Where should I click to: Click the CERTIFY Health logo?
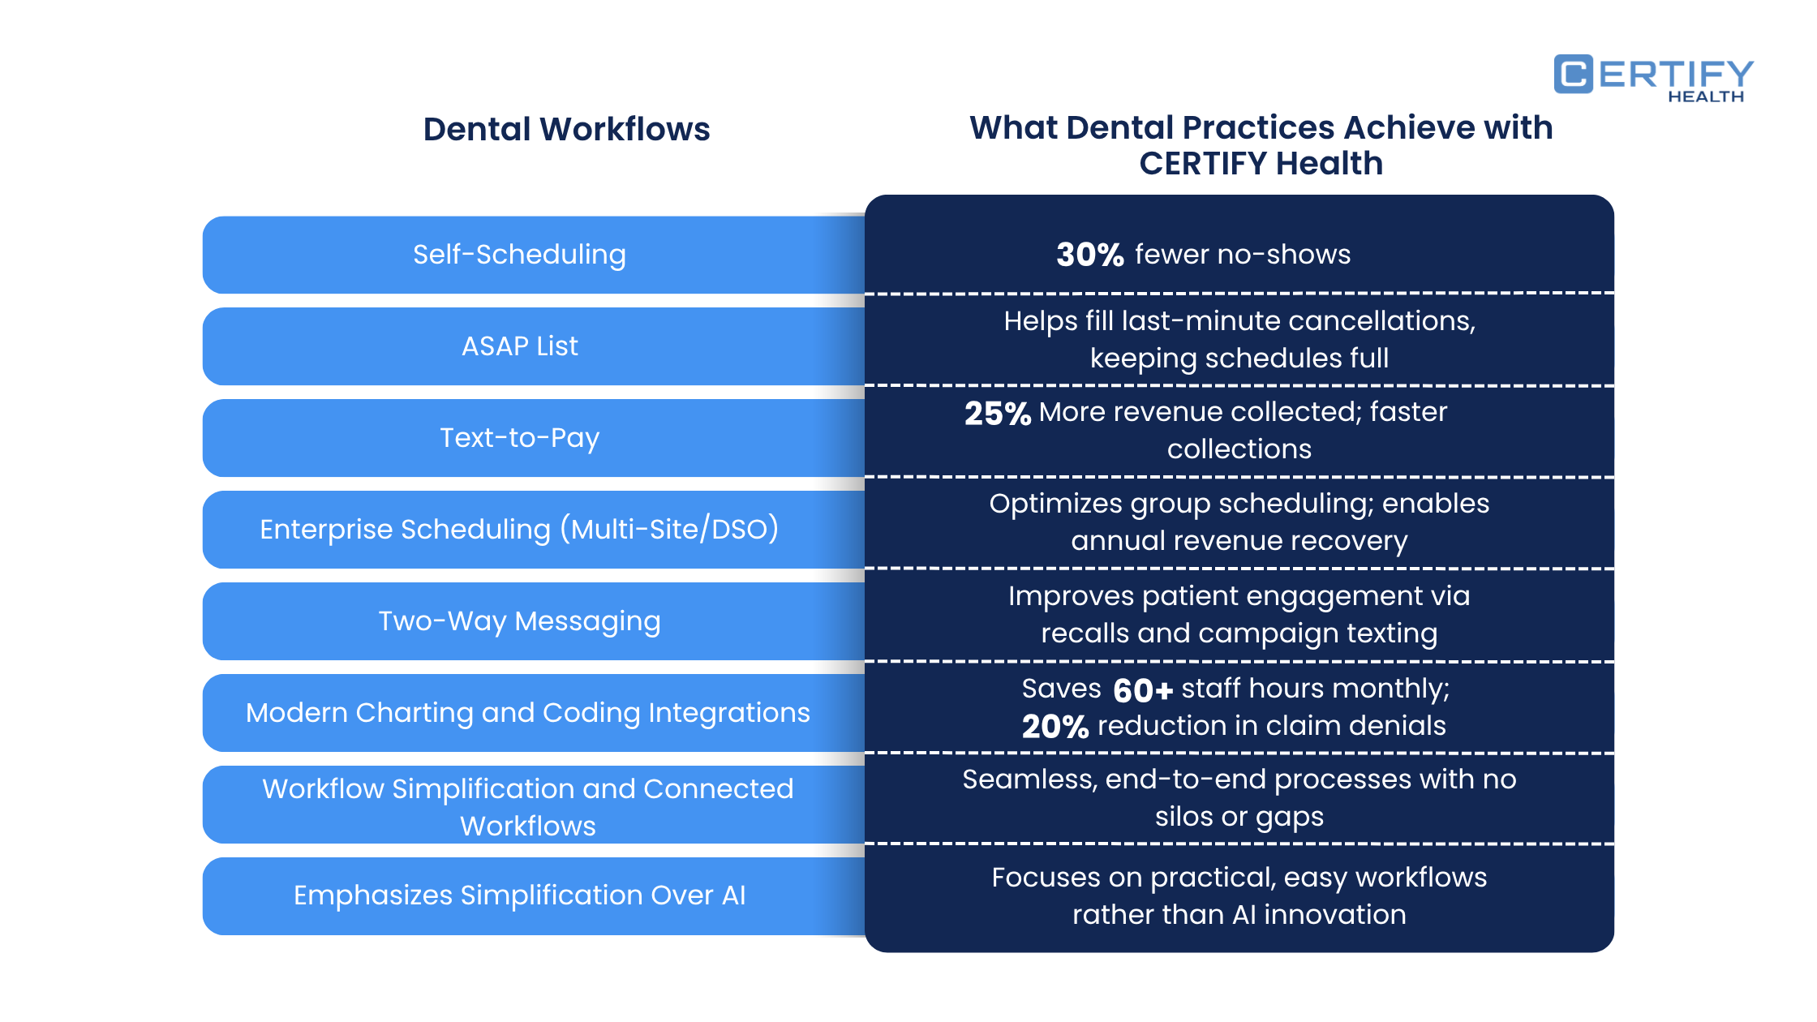coord(1653,77)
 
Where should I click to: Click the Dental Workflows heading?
coord(566,130)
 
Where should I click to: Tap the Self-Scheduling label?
coord(519,255)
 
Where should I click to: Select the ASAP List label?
coord(519,346)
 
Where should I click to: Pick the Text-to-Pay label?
coord(519,438)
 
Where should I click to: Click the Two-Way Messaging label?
coord(519,621)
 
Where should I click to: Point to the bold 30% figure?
coord(1089,255)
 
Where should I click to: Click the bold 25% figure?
coord(997,414)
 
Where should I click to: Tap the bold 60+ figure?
coord(1142,690)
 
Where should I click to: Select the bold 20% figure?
coord(1055,727)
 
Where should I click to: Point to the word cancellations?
coord(1381,321)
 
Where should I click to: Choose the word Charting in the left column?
coord(414,713)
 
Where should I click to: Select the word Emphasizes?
coord(372,895)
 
